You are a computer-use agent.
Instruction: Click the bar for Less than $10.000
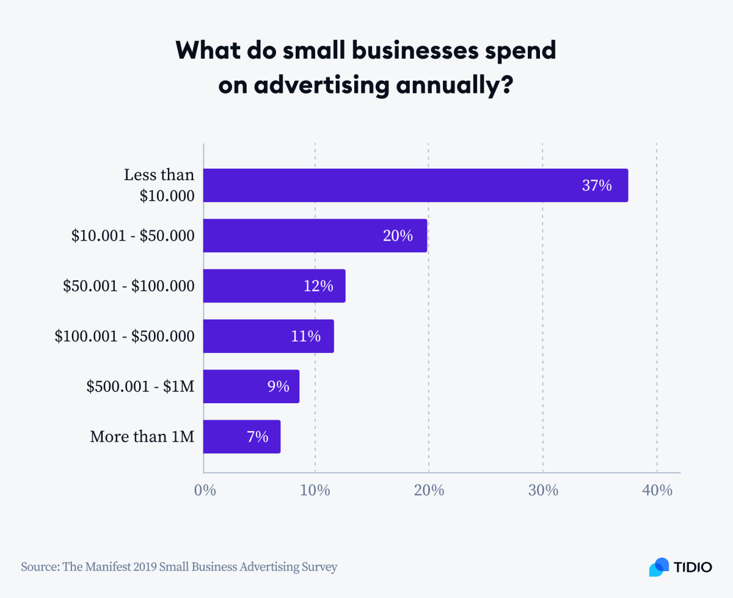(415, 185)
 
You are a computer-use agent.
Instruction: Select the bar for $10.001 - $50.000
(315, 235)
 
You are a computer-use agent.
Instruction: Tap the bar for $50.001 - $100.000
(274, 286)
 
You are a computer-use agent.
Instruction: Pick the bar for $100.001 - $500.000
(268, 336)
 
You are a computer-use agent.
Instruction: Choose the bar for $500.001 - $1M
(251, 386)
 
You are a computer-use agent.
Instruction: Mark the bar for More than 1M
(242, 436)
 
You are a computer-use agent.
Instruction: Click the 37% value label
(596, 186)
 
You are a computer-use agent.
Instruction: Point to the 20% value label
(398, 236)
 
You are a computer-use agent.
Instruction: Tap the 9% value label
(278, 387)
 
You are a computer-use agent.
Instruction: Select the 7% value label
(257, 437)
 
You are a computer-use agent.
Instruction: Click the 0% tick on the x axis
(205, 490)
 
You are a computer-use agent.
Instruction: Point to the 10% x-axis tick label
(315, 490)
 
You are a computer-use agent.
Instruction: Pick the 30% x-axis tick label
(543, 490)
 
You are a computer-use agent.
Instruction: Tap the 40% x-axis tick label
(657, 490)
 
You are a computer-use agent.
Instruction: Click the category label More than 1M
(142, 437)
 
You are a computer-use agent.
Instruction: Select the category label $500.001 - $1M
(140, 387)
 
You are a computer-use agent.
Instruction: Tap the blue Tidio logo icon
(659, 566)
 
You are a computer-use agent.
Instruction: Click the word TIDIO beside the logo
(693, 567)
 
